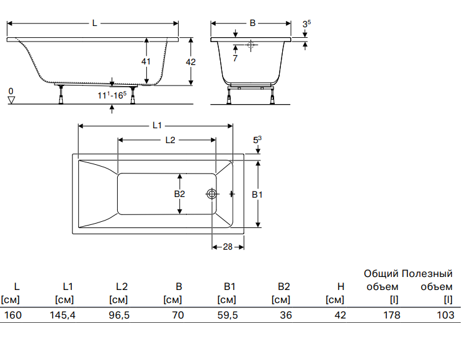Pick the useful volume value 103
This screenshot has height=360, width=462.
pos(444,315)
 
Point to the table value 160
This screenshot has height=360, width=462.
pos(12,315)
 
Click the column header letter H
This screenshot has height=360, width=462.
pos(340,286)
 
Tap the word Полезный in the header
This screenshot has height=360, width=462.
pos(427,273)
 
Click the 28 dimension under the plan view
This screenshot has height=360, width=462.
pos(228,247)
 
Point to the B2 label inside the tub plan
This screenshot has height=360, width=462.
pos(180,194)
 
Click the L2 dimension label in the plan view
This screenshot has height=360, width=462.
pos(171,139)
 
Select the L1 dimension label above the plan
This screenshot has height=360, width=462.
pos(158,125)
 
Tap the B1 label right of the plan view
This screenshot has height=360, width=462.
pos(257,194)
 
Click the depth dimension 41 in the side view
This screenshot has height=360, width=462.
pos(146,61)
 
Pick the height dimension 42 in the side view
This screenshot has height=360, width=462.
pos(191,61)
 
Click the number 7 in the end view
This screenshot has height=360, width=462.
pos(235,58)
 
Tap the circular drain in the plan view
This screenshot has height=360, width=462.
pos(212,194)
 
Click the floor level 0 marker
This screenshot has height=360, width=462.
pos(11,92)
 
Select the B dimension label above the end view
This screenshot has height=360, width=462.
pos(252,23)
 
